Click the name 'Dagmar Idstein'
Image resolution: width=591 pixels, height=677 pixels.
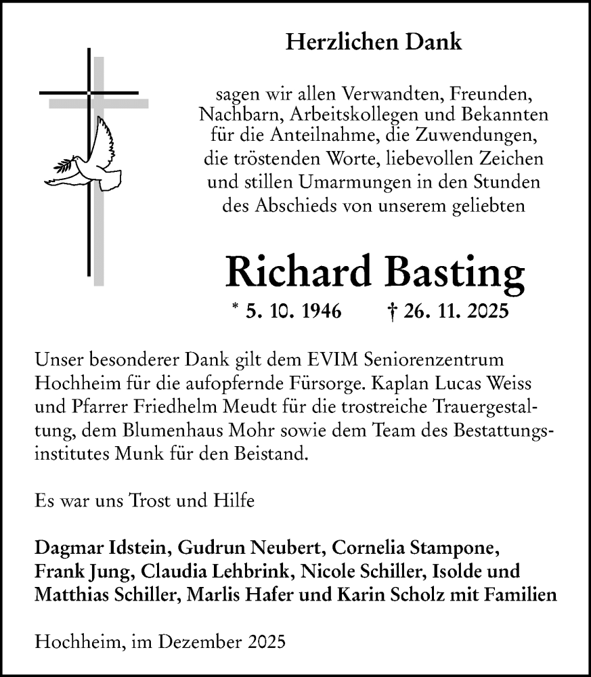[93, 548]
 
